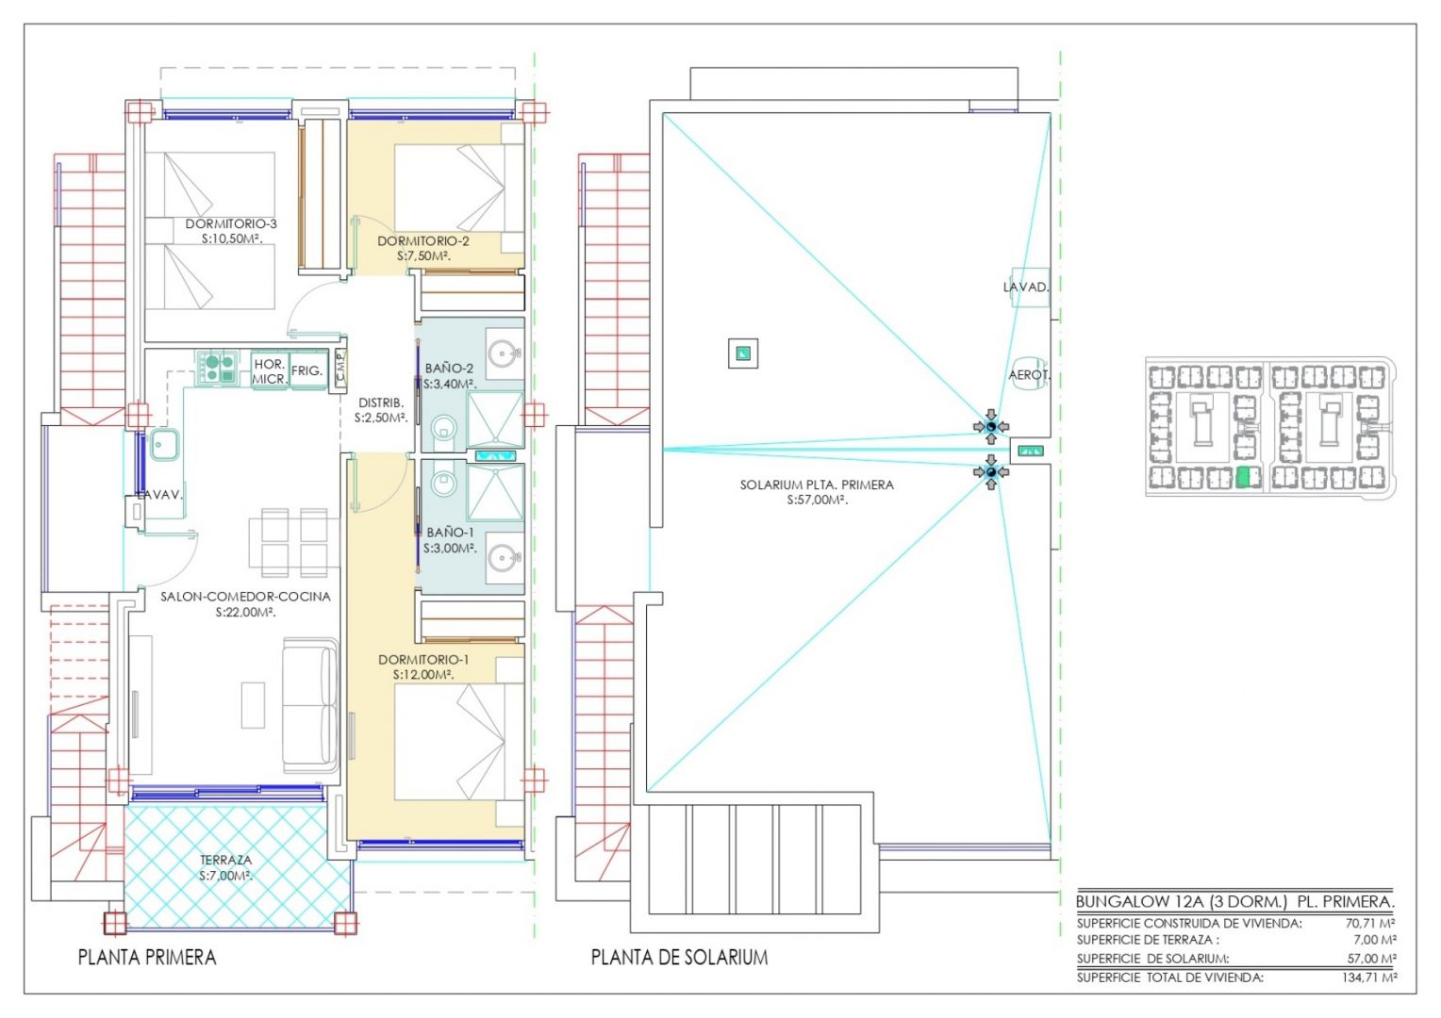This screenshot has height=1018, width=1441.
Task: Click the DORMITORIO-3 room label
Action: point(231,223)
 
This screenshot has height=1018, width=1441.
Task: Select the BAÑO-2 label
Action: point(449,369)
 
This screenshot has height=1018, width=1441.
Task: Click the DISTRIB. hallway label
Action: point(381,403)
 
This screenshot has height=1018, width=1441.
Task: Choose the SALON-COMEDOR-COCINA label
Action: point(245,597)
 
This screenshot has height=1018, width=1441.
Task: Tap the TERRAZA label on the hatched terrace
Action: point(225,860)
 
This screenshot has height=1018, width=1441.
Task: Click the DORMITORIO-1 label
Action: point(423,660)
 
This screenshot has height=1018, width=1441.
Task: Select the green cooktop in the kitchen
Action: point(218,369)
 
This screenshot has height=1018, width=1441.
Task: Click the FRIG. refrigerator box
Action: point(307,370)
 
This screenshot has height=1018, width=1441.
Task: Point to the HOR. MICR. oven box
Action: point(269,371)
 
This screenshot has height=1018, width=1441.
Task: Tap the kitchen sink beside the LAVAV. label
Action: point(164,444)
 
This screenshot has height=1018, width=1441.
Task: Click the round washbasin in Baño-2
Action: point(504,353)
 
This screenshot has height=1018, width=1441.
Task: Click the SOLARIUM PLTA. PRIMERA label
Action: point(817,484)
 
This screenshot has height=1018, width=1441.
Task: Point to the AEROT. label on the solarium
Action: point(1029,374)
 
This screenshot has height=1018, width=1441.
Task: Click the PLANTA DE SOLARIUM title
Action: point(679,958)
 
